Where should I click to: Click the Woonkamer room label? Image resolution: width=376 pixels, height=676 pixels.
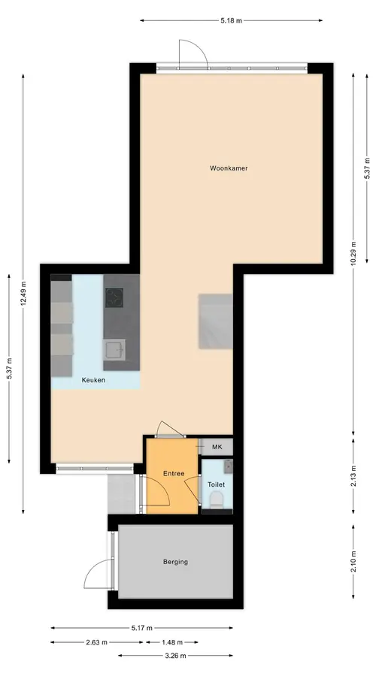(x=229, y=168)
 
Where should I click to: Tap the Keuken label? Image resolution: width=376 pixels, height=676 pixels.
(x=94, y=380)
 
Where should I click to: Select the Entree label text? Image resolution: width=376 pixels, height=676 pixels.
(x=174, y=473)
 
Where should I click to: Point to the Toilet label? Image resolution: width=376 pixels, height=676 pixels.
(x=217, y=484)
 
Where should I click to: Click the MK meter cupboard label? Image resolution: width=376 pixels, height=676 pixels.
(x=217, y=447)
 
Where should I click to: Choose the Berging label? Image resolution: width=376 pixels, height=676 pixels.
(x=175, y=562)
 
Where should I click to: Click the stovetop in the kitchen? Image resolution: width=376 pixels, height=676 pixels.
(x=114, y=297)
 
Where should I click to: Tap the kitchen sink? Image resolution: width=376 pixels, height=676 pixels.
(x=114, y=349)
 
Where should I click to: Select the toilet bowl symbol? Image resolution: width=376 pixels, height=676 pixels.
(x=216, y=500)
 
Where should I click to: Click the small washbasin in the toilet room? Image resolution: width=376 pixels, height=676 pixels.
(x=228, y=465)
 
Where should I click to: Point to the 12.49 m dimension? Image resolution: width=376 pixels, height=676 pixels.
(x=23, y=294)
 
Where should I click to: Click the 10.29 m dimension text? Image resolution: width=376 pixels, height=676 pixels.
(x=353, y=255)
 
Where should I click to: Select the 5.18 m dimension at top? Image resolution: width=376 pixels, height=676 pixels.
(x=231, y=21)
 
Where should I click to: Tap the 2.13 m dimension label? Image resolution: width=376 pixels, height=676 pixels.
(x=353, y=476)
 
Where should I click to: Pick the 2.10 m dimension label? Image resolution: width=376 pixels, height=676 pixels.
(x=353, y=562)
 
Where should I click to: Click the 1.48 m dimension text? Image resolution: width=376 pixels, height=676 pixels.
(x=171, y=642)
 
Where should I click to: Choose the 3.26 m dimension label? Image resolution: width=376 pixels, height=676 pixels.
(x=175, y=656)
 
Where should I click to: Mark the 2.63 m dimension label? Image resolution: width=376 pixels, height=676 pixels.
(x=96, y=642)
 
